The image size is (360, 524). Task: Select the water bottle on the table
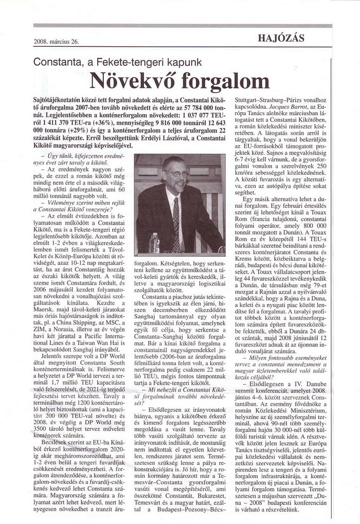(x=154, y=243)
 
